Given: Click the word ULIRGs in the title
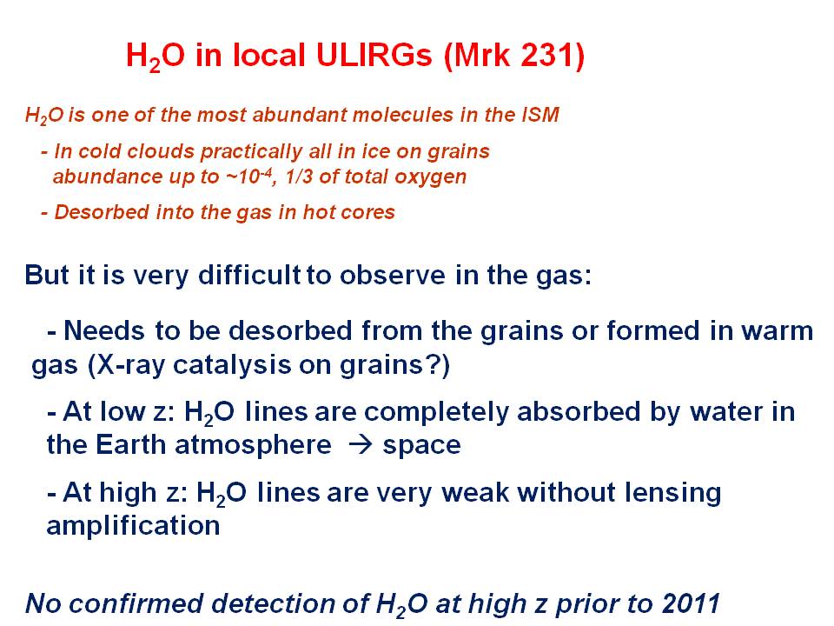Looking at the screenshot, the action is coord(374,56).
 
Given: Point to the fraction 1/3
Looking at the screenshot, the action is coord(298,176).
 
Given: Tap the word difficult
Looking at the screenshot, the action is coord(249,275).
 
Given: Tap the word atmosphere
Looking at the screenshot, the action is coord(253,445).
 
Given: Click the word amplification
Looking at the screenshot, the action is coord(134,525).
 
